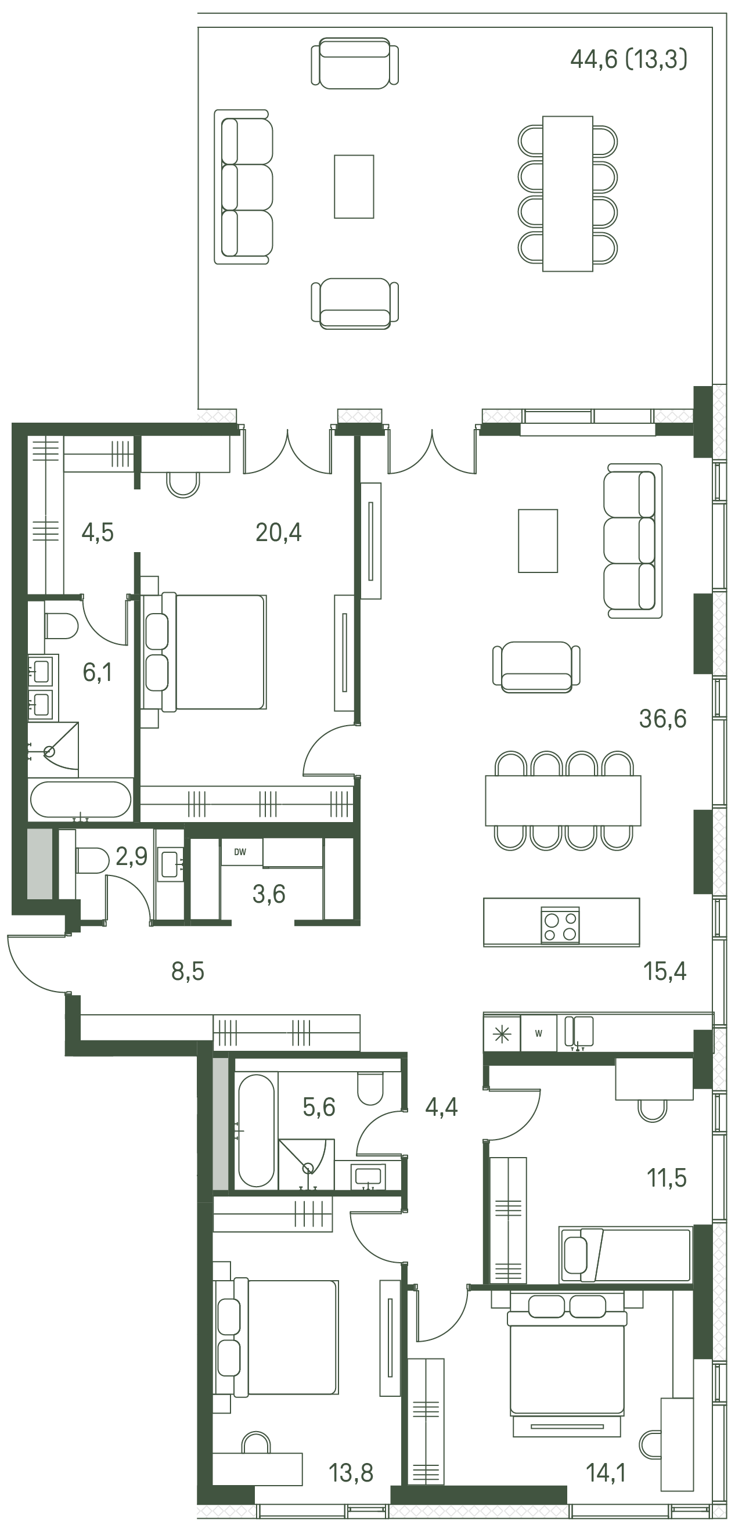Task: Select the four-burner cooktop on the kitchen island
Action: [560, 925]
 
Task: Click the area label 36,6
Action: [662, 719]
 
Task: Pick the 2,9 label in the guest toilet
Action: [132, 856]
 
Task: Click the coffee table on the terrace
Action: [354, 186]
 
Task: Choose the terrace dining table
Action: [567, 194]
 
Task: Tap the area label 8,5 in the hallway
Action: [188, 972]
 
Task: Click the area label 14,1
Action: [606, 1473]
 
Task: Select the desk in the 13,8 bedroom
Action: [257, 1469]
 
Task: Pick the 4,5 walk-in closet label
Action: [98, 532]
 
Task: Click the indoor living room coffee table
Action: [538, 541]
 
